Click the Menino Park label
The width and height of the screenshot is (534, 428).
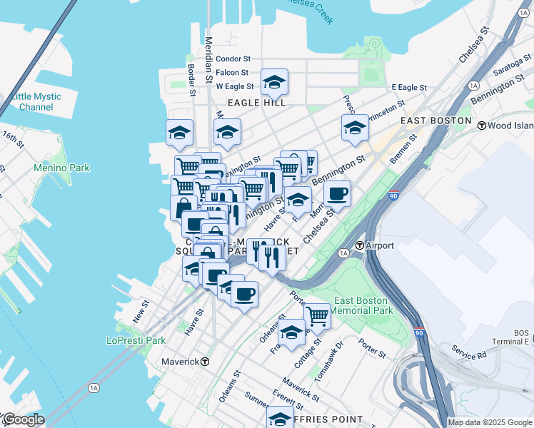point(61,168)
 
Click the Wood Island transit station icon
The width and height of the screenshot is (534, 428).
point(482,126)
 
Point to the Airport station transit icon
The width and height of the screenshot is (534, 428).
point(361,245)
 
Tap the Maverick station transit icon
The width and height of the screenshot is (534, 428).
point(205,362)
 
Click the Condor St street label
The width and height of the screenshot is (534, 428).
point(233,58)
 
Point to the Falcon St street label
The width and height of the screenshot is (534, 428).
point(232,72)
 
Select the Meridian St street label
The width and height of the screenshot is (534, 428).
point(208,53)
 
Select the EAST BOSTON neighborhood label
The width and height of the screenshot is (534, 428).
point(435,121)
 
